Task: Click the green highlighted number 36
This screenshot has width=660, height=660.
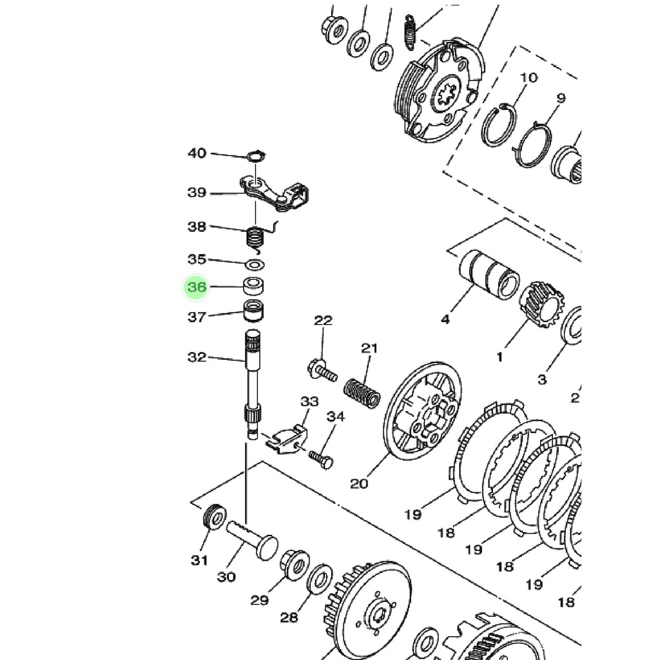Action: click(197, 287)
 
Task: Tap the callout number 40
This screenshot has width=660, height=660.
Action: click(197, 153)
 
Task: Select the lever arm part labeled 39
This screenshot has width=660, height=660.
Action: click(277, 193)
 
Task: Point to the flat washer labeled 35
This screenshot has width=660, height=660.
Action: click(257, 264)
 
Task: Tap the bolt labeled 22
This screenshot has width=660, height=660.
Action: click(322, 371)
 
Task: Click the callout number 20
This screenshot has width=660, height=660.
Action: click(358, 482)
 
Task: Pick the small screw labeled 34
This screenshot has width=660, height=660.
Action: click(320, 460)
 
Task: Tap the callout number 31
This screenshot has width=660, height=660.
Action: click(199, 559)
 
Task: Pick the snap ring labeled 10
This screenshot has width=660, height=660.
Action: click(498, 125)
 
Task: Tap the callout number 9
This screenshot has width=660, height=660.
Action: click(560, 98)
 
